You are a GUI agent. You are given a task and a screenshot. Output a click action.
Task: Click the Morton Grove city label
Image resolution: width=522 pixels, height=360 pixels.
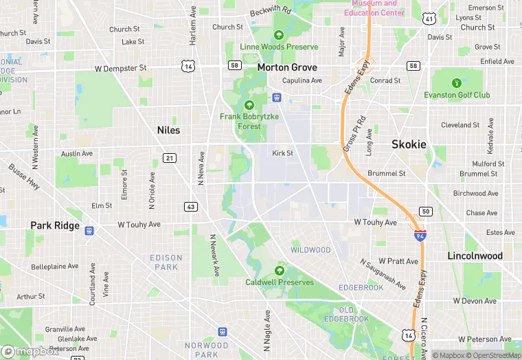pos(287,67)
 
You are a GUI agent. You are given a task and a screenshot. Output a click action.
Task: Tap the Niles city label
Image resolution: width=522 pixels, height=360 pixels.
pos(168,130)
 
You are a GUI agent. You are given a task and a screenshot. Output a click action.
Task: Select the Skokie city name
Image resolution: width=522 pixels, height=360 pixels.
pos(409,144)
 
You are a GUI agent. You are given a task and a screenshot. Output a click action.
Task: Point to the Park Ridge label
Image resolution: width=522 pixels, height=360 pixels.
pos(55,225)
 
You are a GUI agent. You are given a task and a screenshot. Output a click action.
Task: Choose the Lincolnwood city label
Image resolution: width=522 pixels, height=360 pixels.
pos(475,256)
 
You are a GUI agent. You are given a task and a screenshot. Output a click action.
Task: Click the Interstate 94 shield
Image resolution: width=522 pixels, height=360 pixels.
pos(419,236)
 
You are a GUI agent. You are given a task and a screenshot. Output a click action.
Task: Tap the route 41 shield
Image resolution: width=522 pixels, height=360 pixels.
pos(429,19)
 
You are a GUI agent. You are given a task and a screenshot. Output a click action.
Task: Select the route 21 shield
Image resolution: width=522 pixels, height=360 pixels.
pos(170,158)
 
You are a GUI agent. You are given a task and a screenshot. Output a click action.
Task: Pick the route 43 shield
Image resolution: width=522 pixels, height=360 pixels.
pos(191,207)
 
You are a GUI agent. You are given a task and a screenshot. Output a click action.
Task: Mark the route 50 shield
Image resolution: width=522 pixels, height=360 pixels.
pos(426,212)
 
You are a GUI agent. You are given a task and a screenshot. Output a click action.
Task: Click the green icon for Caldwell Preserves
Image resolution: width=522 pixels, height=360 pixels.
pos(279,271)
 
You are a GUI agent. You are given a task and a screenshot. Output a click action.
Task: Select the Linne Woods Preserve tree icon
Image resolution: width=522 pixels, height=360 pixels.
pos(279,35)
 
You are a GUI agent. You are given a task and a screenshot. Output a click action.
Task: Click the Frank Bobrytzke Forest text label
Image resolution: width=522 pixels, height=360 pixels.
pos(249,122)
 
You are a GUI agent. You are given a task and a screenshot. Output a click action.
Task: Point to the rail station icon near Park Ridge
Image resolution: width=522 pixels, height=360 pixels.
pos(89,231)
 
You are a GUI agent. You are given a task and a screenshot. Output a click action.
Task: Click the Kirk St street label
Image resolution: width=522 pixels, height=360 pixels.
pos(282,153)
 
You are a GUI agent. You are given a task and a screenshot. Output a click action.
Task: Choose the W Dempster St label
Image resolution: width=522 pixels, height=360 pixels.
pos(121,68)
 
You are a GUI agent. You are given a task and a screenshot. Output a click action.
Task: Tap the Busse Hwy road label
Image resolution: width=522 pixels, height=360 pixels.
pos(24,177)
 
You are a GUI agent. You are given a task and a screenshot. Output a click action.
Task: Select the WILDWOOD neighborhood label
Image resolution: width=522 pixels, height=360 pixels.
pos(310,250)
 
